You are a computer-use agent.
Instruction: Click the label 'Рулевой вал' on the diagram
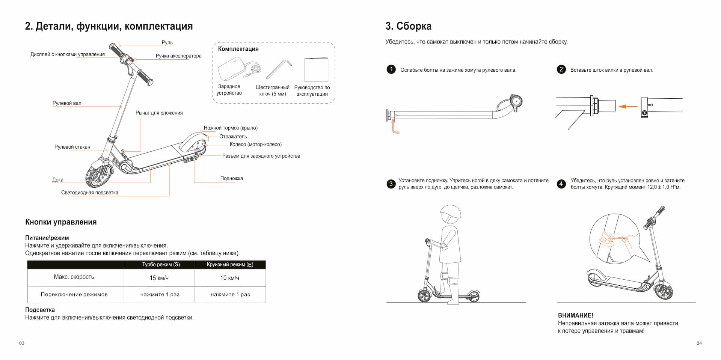(67, 103)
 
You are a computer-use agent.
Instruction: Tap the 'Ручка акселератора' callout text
(178, 56)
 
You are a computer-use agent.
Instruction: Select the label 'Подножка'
(231, 178)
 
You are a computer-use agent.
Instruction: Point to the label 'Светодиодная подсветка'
(90, 193)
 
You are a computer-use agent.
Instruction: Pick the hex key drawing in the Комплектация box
(279, 68)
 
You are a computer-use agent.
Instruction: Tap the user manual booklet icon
(316, 69)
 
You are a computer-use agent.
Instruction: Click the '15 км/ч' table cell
(159, 278)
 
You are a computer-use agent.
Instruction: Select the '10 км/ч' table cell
(230, 278)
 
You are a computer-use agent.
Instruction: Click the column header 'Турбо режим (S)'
(161, 265)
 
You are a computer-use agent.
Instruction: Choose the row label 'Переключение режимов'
(74, 294)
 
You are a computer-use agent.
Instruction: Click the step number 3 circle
(391, 184)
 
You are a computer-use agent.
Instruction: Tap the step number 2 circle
(561, 69)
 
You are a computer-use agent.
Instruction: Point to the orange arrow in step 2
(628, 107)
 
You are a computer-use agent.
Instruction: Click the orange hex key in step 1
(395, 127)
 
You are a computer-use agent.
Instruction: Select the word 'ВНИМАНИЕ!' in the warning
(576, 316)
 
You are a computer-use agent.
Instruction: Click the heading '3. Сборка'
(408, 26)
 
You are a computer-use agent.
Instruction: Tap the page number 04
(699, 343)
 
